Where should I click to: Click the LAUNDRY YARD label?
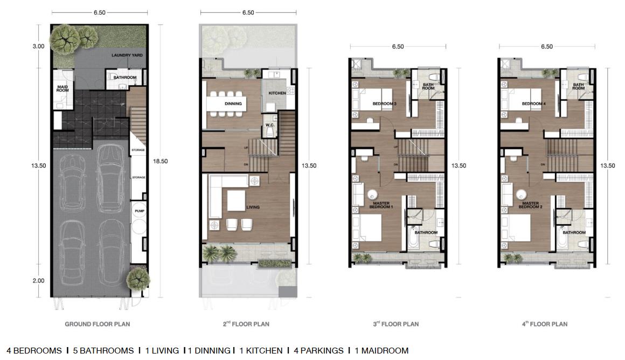127,56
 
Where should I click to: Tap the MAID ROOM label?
63,88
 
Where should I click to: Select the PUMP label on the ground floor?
140,211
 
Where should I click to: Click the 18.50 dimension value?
160,162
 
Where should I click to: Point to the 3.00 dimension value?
38,46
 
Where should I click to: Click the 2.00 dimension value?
38,281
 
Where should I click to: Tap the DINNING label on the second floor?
233,103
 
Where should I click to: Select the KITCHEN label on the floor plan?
277,93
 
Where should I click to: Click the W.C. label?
270,125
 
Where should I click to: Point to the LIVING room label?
253,207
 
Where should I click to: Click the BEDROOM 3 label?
384,103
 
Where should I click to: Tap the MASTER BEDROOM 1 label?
381,205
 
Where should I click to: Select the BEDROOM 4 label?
534,103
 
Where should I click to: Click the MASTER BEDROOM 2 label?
531,205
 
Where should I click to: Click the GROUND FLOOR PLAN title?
98,324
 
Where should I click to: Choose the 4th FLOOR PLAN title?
545,324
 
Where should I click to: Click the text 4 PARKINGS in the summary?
318,351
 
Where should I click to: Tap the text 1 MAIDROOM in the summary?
381,351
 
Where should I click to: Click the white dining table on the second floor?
226,103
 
